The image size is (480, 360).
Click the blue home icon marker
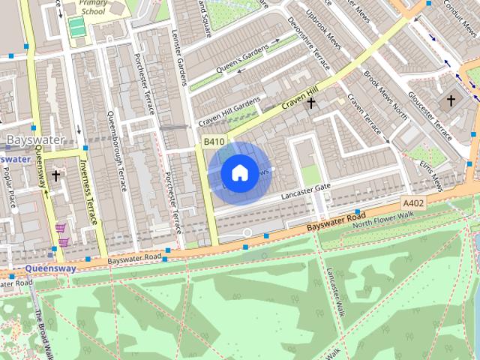click(238, 173)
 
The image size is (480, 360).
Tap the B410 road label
click(214, 141)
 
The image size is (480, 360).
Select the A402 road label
click(412, 203)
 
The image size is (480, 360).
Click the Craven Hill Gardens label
click(229, 112)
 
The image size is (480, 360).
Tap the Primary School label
click(94, 7)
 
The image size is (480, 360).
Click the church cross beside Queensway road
click(55, 176)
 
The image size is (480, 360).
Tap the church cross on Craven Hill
click(310, 102)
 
